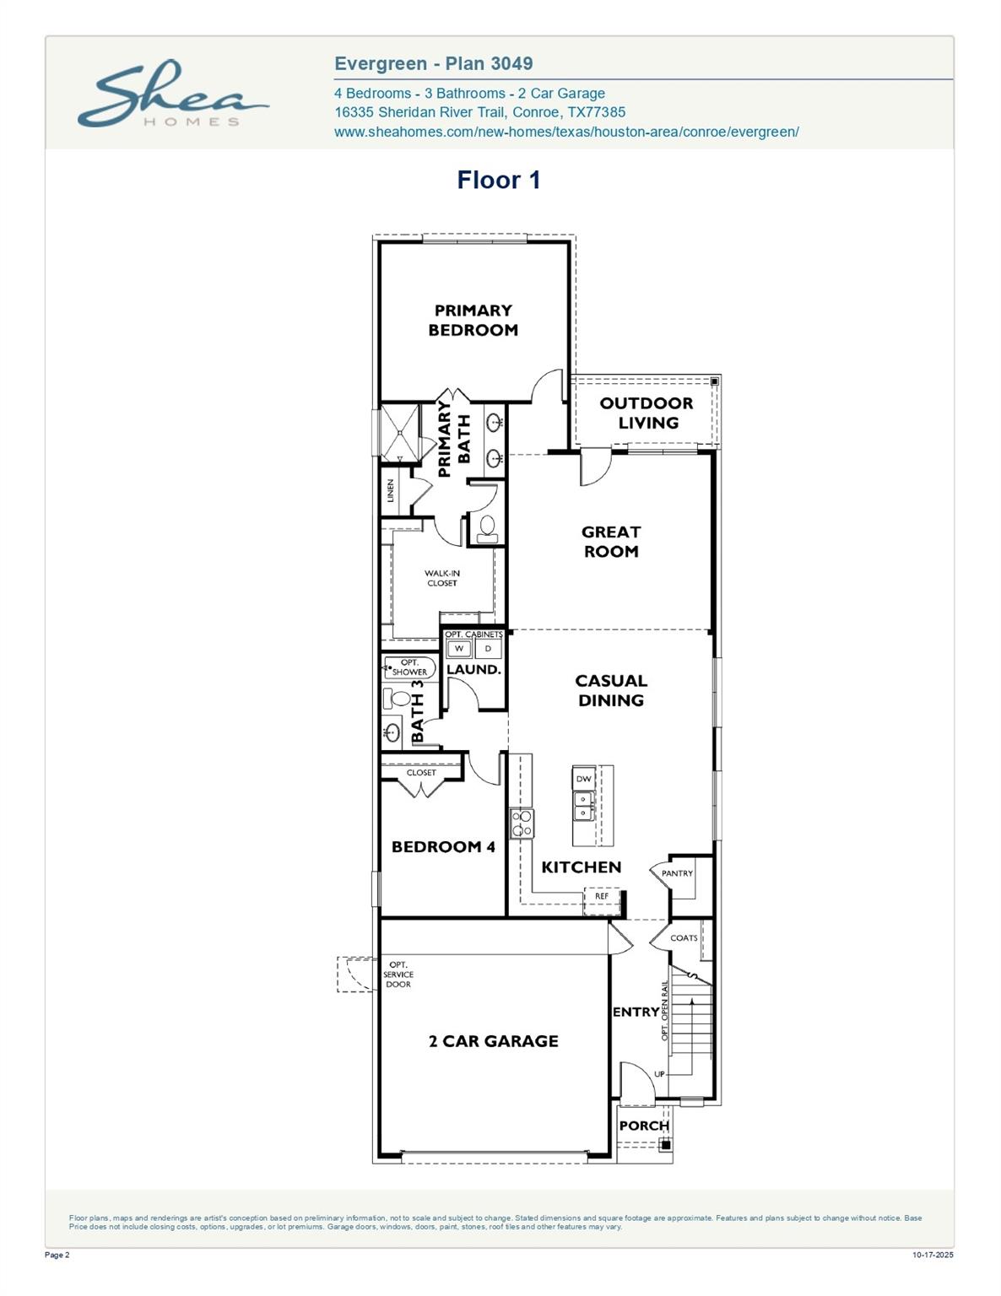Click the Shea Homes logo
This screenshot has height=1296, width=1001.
[172, 94]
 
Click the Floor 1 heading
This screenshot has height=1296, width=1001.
[498, 180]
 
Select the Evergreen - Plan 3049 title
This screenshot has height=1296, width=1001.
[433, 64]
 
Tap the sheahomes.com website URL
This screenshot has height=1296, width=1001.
[566, 132]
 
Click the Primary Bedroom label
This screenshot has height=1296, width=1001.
[473, 321]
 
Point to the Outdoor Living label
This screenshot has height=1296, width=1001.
[647, 413]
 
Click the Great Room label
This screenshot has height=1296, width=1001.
[611, 542]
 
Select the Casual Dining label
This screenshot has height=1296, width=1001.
[611, 690]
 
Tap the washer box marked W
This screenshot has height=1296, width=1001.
[459, 649]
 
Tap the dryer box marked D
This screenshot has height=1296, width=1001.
[488, 649]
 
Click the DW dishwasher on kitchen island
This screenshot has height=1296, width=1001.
[584, 778]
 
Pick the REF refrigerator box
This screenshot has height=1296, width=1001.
[602, 897]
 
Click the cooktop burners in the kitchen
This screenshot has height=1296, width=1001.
[522, 823]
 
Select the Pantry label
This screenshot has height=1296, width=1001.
[677, 873]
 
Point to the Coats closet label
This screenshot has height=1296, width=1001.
[684, 938]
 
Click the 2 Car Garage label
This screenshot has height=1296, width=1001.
[493, 1041]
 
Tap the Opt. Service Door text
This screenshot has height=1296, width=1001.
[398, 975]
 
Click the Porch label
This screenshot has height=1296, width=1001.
[644, 1126]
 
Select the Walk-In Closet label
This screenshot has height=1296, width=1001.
[441, 578]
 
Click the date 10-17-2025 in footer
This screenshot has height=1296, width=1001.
[933, 1255]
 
